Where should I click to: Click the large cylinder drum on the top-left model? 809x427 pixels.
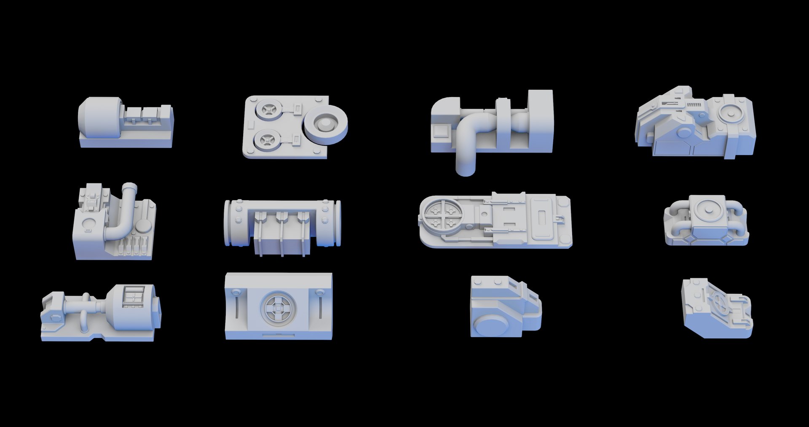click(x=99, y=118)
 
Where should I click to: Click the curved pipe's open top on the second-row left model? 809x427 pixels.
click(x=129, y=186)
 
